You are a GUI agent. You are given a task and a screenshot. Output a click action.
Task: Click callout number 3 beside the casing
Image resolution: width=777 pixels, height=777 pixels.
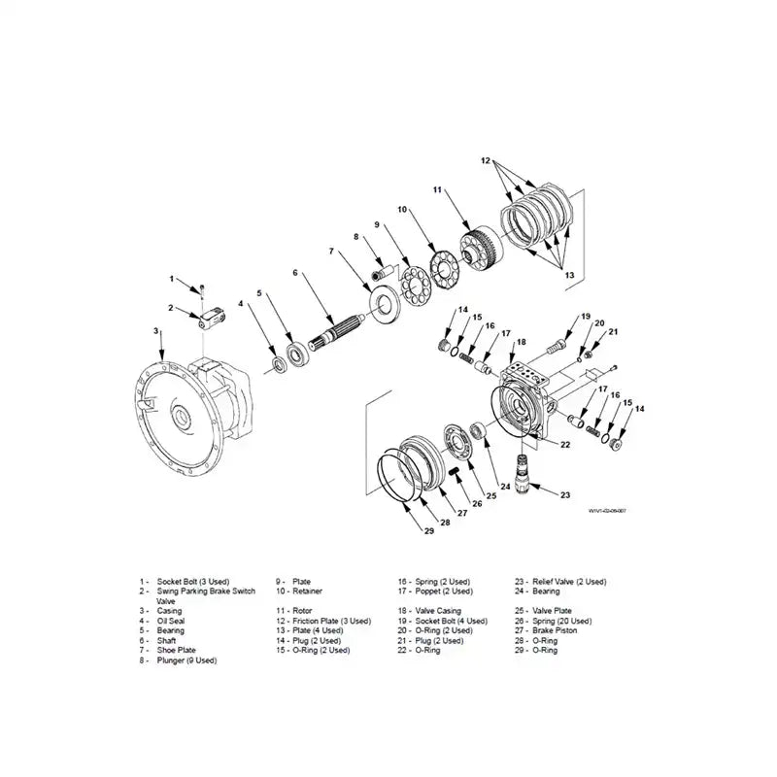coord(156,331)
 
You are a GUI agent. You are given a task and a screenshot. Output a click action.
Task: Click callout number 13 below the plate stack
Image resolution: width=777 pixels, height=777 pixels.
coord(569,275)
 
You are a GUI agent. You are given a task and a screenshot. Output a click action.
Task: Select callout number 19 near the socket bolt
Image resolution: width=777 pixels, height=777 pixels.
coord(586,317)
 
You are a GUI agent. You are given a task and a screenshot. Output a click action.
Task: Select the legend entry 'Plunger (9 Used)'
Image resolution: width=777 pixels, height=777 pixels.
coord(186,660)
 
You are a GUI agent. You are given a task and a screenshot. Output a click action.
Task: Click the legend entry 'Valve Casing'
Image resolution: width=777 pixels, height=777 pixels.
coord(429,610)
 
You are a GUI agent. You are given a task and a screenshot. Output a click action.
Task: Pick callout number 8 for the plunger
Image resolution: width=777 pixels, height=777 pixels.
coord(355,236)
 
